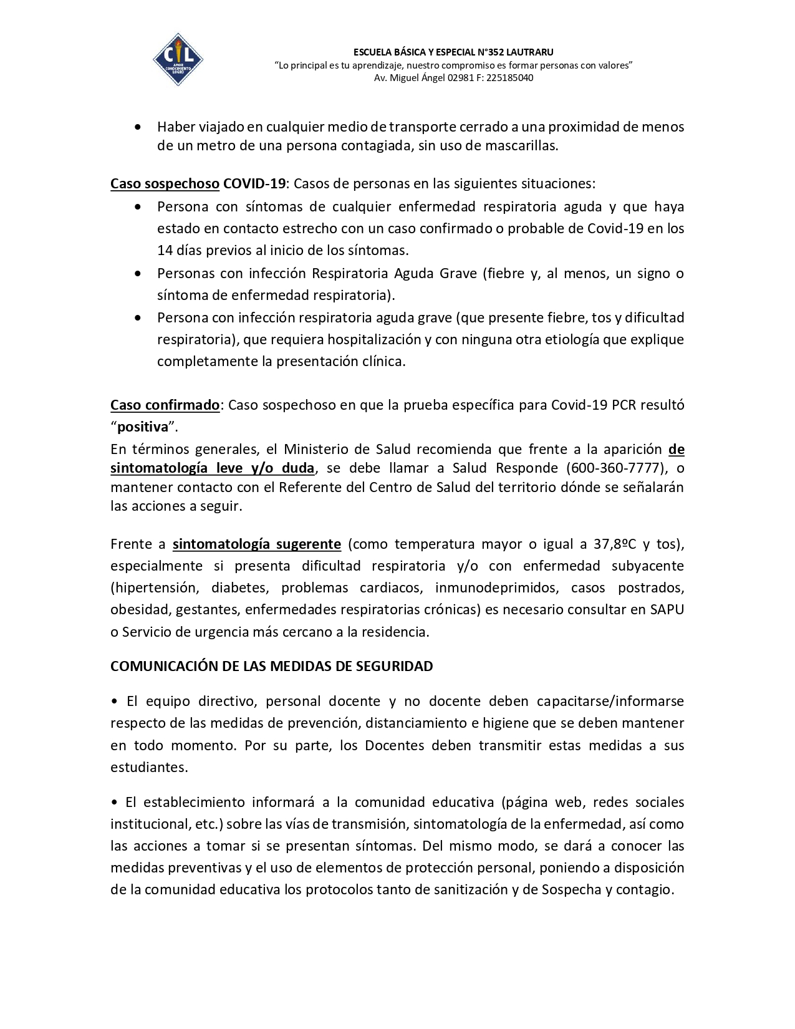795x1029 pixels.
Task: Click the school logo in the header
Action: tap(178, 60)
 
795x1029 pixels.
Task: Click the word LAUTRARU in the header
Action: tap(529, 52)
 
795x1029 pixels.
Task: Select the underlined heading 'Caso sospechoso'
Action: tap(165, 184)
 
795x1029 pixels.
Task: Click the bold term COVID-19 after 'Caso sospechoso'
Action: tap(254, 184)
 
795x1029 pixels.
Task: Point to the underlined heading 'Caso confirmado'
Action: tap(165, 405)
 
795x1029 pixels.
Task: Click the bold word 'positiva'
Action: tap(143, 427)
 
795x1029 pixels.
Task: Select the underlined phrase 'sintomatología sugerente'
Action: tap(257, 544)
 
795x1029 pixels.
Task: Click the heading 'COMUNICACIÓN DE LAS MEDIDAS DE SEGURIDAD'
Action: tap(272, 667)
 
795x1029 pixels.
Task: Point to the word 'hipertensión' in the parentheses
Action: tap(155, 588)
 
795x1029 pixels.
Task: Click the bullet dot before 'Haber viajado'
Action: tap(138, 127)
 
